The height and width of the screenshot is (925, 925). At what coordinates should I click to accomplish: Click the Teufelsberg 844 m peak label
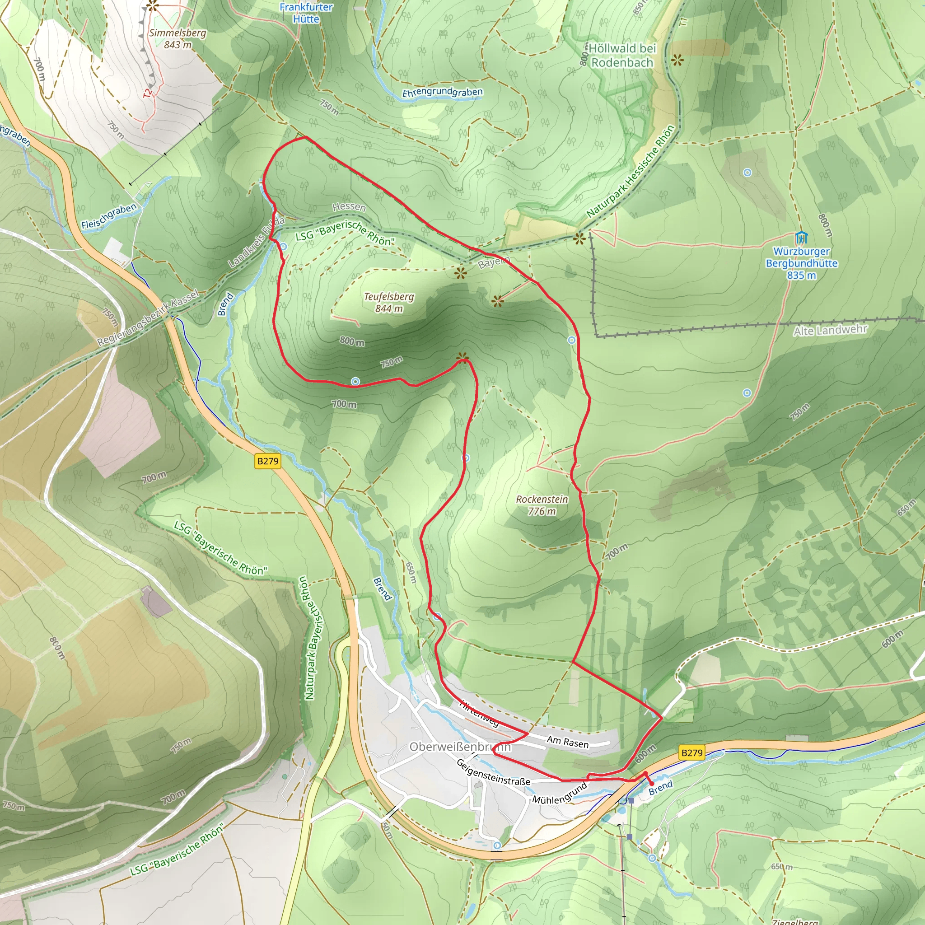[x=389, y=303]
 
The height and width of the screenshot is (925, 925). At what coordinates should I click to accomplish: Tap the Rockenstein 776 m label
[x=542, y=505]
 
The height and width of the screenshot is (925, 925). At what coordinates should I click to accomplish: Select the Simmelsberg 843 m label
[x=178, y=39]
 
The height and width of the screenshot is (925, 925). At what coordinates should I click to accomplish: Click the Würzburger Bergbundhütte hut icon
[x=801, y=238]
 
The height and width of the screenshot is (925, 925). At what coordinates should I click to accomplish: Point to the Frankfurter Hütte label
[x=306, y=13]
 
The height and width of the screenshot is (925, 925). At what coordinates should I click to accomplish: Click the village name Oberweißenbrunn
[x=460, y=747]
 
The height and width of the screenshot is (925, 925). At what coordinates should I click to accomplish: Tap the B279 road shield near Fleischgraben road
[x=268, y=461]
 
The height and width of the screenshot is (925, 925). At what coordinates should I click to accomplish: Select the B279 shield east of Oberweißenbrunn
[x=692, y=752]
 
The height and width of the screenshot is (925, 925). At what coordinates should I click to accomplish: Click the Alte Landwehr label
[x=830, y=330]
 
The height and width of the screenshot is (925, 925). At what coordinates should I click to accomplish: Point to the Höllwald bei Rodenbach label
[x=622, y=56]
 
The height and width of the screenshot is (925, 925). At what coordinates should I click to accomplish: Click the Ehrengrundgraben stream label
[x=442, y=93]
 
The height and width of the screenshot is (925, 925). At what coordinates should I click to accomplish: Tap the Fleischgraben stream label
[x=109, y=216]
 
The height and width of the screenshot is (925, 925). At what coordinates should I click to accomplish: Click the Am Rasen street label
[x=568, y=742]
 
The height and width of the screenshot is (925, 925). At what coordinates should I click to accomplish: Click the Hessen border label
[x=349, y=207]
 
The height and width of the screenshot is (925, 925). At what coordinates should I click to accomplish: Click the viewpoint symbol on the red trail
[x=462, y=358]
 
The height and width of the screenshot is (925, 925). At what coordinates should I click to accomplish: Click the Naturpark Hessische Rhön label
[x=631, y=171]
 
